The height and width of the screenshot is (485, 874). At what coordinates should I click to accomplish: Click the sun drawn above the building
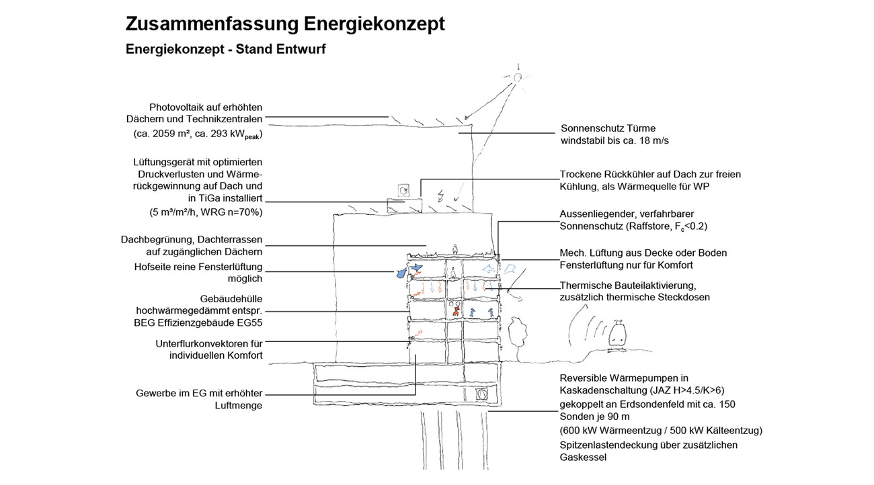(518, 78)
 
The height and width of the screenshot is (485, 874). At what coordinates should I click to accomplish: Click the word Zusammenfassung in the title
(212, 24)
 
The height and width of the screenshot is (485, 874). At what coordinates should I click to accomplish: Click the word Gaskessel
(583, 457)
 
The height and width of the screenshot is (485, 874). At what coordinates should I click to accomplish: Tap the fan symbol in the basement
(481, 394)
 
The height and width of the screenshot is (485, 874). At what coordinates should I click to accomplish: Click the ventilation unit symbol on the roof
(403, 191)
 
